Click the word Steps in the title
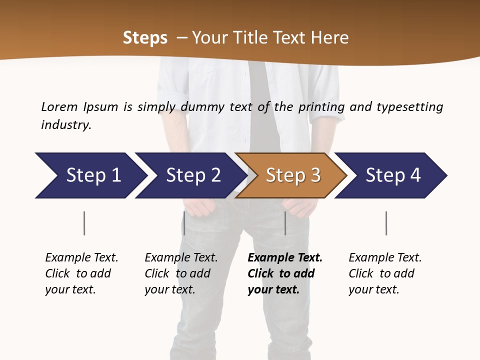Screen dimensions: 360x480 (145, 38)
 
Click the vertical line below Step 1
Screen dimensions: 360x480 (84, 223)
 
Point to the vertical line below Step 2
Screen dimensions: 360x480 (184, 223)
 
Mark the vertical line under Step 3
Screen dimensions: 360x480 (285, 223)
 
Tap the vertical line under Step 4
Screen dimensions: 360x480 (386, 223)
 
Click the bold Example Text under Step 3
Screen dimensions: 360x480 (284, 273)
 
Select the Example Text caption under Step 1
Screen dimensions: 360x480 (81, 273)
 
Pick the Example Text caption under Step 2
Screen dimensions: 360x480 (181, 273)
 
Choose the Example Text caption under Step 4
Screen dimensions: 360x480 (385, 273)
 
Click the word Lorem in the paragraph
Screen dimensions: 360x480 (59, 107)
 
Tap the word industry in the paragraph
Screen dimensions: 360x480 (65, 125)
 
